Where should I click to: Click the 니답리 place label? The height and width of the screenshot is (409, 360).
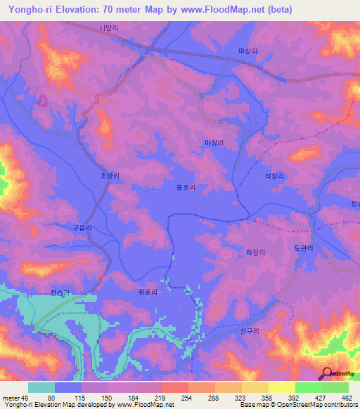click(x=108, y=30)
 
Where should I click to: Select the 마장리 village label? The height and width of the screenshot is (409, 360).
click(x=214, y=143)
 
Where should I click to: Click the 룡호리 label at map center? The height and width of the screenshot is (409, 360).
click(x=186, y=188)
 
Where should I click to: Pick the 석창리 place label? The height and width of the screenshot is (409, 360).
click(x=274, y=178)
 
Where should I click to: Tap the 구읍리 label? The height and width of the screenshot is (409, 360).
click(x=83, y=228)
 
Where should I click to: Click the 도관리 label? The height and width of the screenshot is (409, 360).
click(x=303, y=248)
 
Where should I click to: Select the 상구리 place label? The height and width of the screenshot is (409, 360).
click(x=250, y=330)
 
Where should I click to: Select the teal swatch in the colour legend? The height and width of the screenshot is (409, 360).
click(x=41, y=388)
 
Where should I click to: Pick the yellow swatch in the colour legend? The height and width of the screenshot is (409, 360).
click(x=282, y=388)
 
